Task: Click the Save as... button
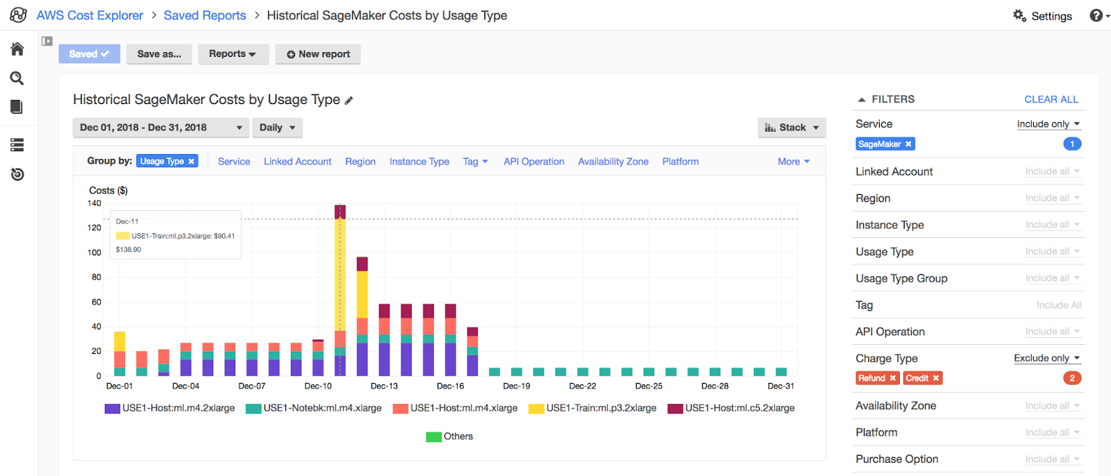coord(159,54)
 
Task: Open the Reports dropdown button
coord(233,54)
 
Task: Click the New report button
coord(318,54)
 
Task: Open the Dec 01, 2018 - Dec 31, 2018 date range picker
coord(160,128)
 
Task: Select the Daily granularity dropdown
coord(277,128)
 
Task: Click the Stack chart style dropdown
coord(792,128)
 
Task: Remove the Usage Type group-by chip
coord(192,162)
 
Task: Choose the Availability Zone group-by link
coord(613,162)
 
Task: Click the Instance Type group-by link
coord(419,162)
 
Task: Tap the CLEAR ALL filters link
coord(1051,99)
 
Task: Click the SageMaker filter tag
coord(879,144)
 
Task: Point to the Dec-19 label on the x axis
coord(516,386)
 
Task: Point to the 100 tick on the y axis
coord(94,253)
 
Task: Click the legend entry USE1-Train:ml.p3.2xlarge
coord(601,408)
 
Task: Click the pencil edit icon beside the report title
coord(349,101)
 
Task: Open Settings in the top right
coord(1043,16)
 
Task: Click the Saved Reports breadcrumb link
coord(205,15)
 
